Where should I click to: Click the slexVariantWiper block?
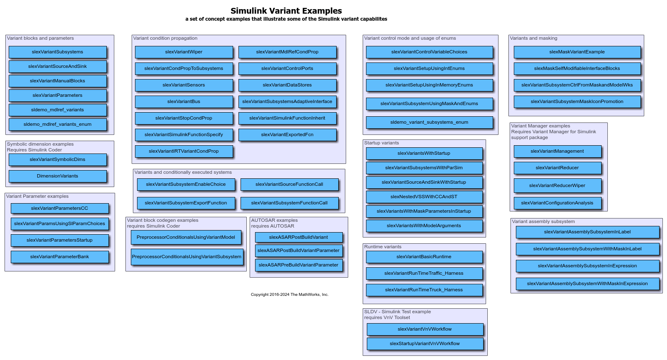183,52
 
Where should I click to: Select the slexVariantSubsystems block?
58,52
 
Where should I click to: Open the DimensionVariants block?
58,176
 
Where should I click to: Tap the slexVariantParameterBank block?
60,257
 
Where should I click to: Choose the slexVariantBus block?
183,102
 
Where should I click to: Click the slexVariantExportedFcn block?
287,135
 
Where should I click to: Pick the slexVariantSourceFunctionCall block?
289,185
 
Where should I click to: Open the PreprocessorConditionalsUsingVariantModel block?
185,238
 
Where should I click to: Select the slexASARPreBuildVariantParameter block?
298,265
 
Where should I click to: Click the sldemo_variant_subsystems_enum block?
429,122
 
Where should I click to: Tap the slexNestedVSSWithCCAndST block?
424,197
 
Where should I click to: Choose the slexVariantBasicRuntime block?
424,257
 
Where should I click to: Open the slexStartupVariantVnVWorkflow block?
424,344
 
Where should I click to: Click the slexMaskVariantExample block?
577,52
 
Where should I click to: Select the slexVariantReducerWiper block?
557,186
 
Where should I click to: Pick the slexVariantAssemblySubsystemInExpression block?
587,266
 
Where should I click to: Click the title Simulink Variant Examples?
286,11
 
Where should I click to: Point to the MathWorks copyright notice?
289,295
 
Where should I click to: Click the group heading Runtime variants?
383,247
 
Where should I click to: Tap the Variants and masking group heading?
533,38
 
